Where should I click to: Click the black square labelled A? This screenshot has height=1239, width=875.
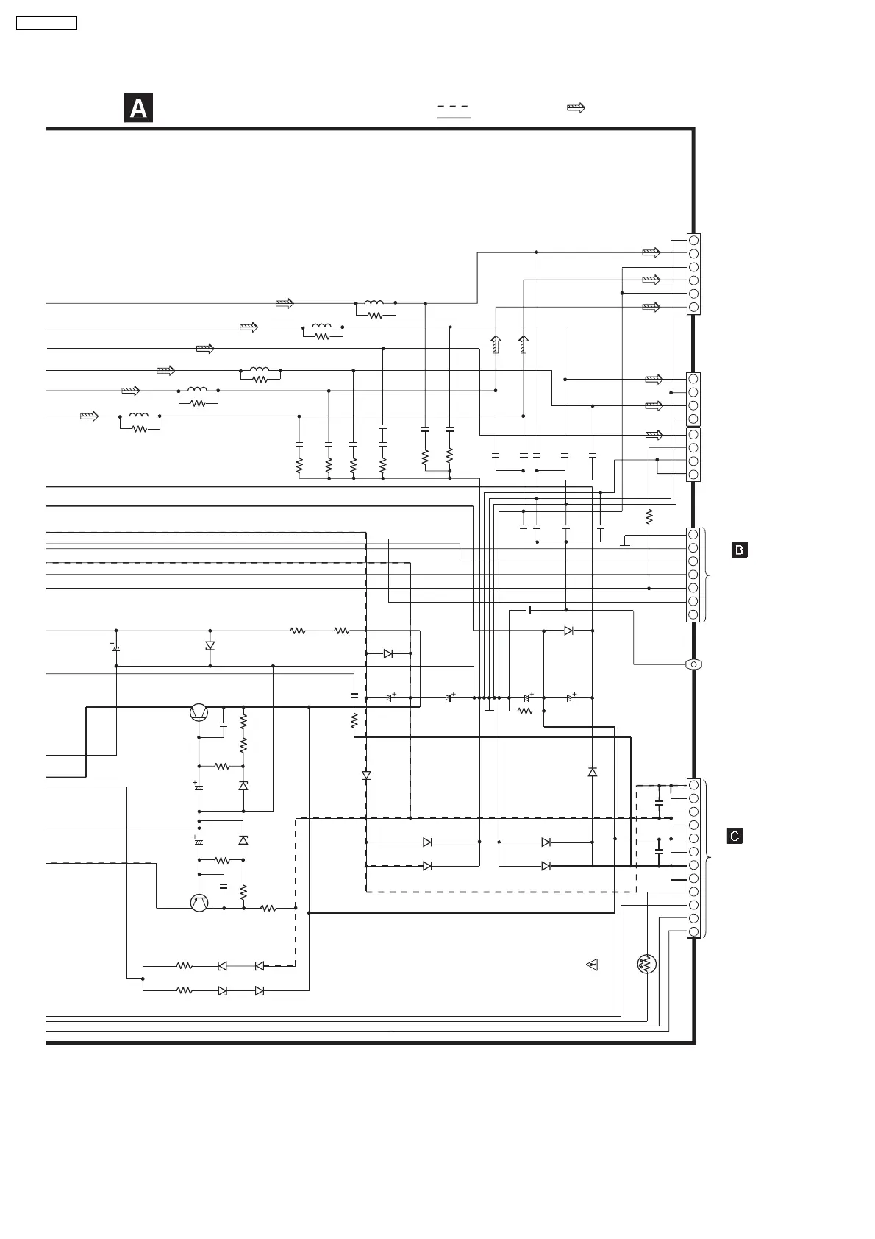tap(138, 108)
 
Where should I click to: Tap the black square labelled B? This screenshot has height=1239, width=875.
tap(740, 550)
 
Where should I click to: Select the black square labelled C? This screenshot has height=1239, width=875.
tap(735, 837)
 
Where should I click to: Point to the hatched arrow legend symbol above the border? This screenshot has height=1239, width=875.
tap(576, 108)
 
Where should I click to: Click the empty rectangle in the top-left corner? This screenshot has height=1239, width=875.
tap(46, 23)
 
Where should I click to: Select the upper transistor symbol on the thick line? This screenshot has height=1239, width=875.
tap(199, 712)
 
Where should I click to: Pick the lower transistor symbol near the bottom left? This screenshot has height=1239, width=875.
tap(199, 903)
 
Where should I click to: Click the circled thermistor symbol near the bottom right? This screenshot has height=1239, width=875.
tap(647, 965)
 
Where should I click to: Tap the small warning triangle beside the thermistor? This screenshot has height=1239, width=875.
tap(593, 964)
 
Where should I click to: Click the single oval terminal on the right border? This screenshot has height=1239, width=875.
tap(693, 664)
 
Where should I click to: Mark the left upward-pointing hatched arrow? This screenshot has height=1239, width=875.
tap(496, 344)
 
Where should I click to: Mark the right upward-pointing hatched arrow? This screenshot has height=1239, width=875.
tap(524, 344)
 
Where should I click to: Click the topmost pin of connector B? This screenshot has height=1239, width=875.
tap(693, 534)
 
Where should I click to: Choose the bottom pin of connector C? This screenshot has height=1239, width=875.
tap(693, 931)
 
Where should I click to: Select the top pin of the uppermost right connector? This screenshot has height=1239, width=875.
tap(693, 241)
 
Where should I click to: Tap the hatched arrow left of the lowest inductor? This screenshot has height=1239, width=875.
tap(89, 416)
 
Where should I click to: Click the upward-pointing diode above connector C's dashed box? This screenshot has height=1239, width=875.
tap(593, 772)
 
